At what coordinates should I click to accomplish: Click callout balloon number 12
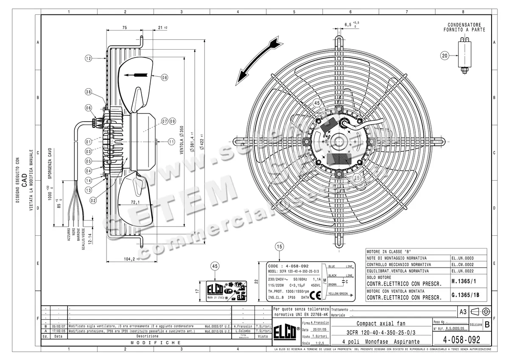[88, 59]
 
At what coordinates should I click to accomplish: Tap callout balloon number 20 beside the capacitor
[445, 56]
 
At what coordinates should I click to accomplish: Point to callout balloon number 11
[171, 142]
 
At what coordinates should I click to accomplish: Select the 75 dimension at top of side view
[124, 28]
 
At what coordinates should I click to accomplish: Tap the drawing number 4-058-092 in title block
[461, 340]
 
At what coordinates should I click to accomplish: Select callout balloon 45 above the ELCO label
[215, 266]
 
